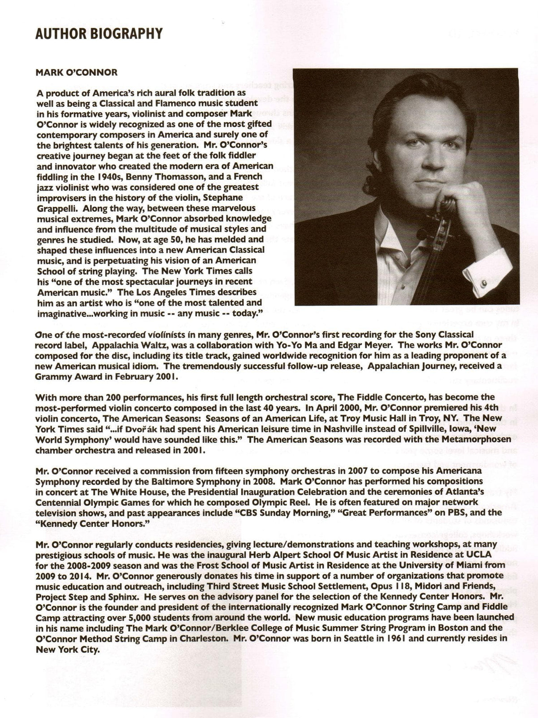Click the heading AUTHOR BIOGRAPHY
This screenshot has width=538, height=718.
pyautogui.click(x=99, y=34)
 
